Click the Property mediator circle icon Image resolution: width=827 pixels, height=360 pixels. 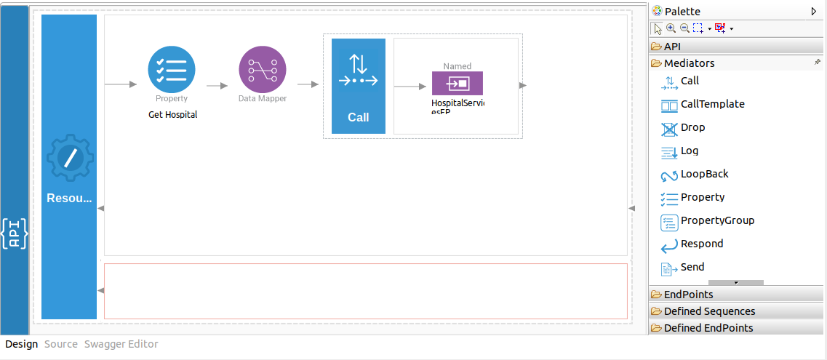tap(172, 70)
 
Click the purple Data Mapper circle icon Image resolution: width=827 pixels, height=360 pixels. tap(263, 70)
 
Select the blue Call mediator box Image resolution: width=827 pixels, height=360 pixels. tap(359, 86)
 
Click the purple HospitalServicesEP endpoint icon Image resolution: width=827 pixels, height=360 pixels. tap(458, 84)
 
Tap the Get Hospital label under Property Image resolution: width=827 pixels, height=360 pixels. tap(172, 115)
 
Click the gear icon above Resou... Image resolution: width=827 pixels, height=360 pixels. tap(70, 158)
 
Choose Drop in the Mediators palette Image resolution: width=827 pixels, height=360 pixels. tap(692, 128)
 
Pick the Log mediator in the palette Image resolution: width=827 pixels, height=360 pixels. tap(689, 151)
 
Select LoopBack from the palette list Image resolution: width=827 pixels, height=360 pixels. tap(704, 175)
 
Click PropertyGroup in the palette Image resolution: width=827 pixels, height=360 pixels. tap(717, 221)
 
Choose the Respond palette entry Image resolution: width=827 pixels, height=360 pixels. tap(701, 244)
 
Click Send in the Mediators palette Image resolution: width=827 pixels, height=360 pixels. tap(692, 268)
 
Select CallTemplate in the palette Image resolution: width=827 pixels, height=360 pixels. tap(712, 105)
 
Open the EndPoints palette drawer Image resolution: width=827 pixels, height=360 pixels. tap(688, 295)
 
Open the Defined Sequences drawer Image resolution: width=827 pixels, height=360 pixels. tap(709, 311)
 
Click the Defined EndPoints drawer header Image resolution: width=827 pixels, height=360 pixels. tap(708, 328)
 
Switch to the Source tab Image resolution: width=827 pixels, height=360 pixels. tap(61, 344)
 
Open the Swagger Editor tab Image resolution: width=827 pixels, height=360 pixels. tap(121, 344)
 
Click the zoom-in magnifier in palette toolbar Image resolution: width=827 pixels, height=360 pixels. tap(671, 28)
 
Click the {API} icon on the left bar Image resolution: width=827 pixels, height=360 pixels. tap(15, 233)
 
